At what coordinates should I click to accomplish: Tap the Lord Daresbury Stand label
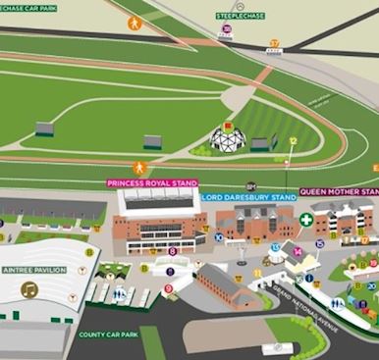[x=248, y=197]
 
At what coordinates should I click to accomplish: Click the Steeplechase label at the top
[x=241, y=16]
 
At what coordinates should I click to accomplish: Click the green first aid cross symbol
[x=306, y=220]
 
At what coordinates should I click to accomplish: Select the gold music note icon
[x=29, y=289]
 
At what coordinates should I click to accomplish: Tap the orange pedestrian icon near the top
[x=135, y=22]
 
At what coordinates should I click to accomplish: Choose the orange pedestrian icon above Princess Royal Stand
[x=139, y=167]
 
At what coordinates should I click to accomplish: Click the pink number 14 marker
[x=298, y=251]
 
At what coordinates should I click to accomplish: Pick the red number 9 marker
[x=169, y=288]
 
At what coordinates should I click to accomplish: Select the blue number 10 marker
[x=218, y=237]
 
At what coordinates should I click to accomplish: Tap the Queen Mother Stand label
[x=339, y=192]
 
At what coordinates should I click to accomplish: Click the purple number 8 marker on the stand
[x=173, y=251]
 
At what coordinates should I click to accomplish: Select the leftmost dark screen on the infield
[x=44, y=129]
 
